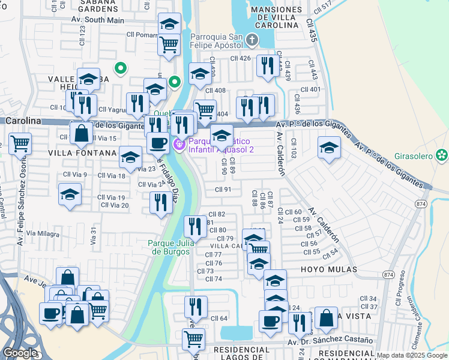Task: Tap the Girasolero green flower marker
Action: click(442, 155)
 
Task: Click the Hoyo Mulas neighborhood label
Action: click(329, 270)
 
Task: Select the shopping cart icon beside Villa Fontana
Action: click(20, 143)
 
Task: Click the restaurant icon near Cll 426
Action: click(265, 65)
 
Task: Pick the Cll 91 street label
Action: click(223, 190)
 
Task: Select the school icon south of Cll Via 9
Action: click(70, 194)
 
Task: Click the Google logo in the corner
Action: click(19, 353)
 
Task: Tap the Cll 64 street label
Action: click(219, 318)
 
